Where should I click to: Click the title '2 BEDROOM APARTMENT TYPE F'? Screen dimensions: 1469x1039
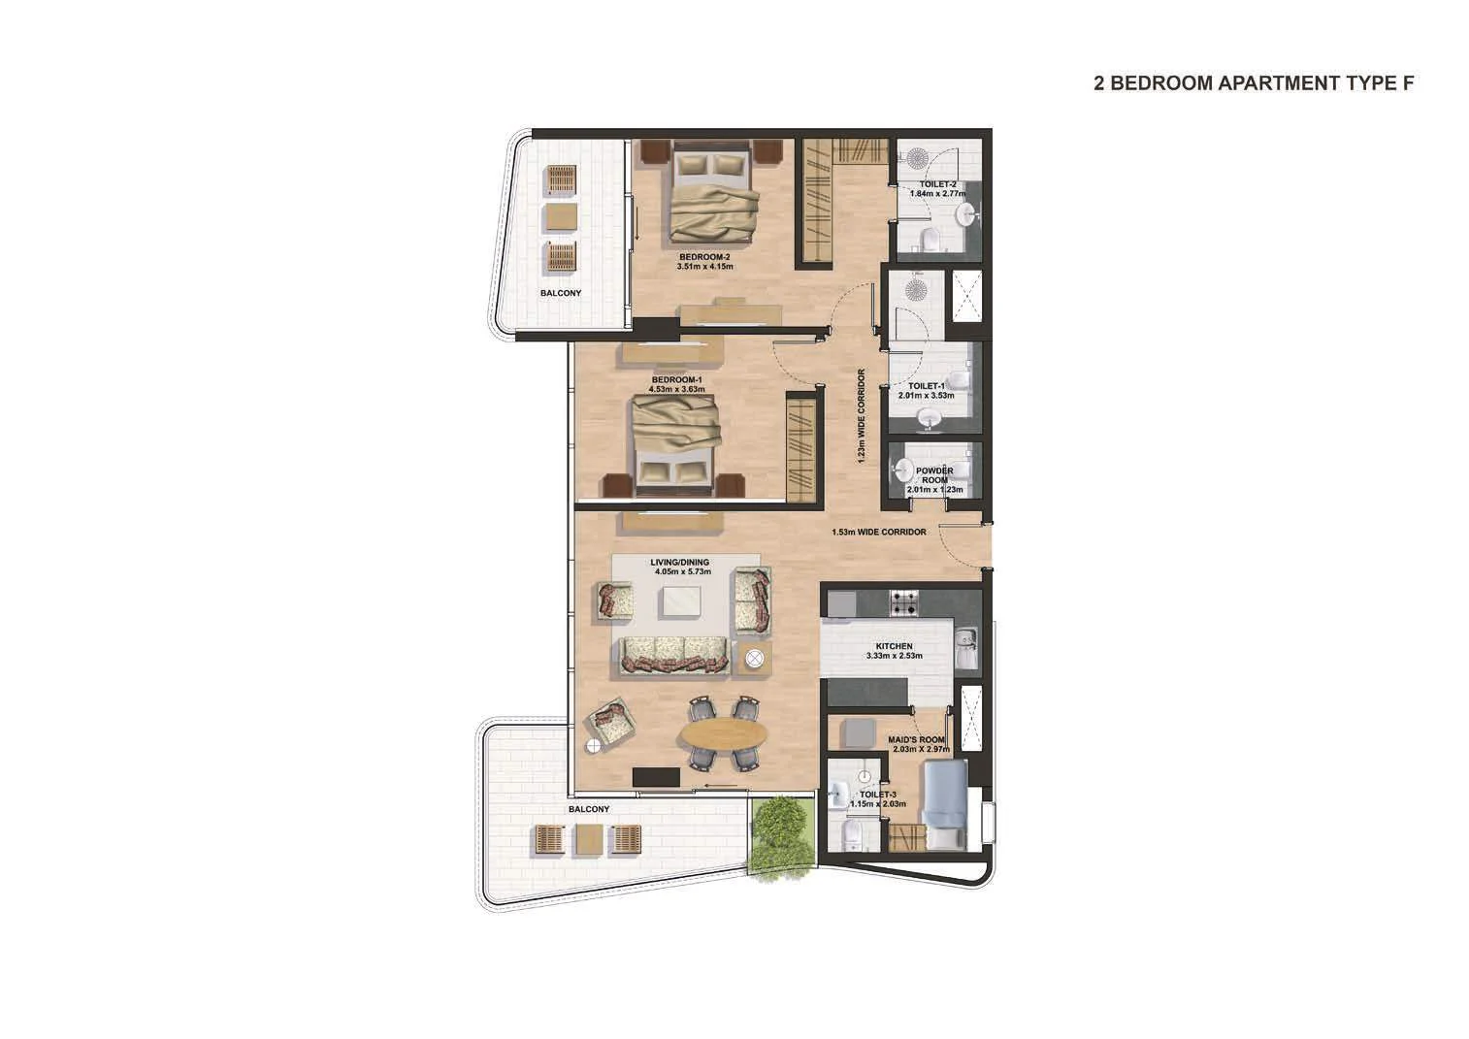[x=1254, y=83]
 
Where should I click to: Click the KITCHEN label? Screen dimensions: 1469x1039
[x=894, y=646]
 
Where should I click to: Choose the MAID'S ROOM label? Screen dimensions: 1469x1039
[x=916, y=739]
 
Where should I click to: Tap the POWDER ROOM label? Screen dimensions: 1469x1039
[x=934, y=475]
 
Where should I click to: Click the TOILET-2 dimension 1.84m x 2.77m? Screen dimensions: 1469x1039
[x=938, y=193]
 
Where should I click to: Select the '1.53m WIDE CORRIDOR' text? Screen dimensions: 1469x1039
[x=879, y=532]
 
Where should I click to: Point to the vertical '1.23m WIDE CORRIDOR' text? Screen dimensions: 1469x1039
[x=861, y=416]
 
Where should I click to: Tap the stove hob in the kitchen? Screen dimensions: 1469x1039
[x=903, y=603]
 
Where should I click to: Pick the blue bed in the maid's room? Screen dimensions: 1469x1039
[x=944, y=803]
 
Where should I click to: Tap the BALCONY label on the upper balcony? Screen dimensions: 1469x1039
[x=561, y=293]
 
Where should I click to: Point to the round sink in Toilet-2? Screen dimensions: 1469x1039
[x=966, y=213]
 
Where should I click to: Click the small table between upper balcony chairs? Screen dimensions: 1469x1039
[x=562, y=217]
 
